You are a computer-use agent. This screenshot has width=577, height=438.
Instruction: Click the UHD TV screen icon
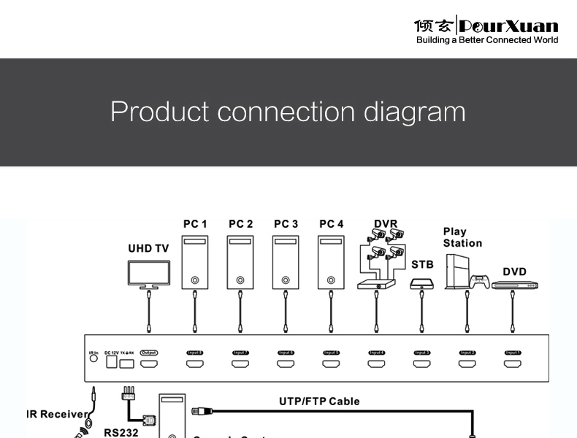[149, 273]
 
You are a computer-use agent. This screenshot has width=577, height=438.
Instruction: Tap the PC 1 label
[195, 224]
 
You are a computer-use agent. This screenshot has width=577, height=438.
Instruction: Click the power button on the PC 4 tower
[331, 280]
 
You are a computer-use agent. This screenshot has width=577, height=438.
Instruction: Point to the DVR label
[386, 224]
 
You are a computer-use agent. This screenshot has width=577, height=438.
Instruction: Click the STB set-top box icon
[421, 283]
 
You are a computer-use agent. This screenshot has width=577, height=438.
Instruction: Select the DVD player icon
[514, 285]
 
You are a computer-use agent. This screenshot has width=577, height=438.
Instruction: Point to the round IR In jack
[93, 360]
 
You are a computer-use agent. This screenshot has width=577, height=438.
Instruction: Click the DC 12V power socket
[111, 362]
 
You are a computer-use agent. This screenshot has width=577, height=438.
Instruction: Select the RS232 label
[121, 432]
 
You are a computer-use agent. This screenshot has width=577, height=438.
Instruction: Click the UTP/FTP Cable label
[319, 401]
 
